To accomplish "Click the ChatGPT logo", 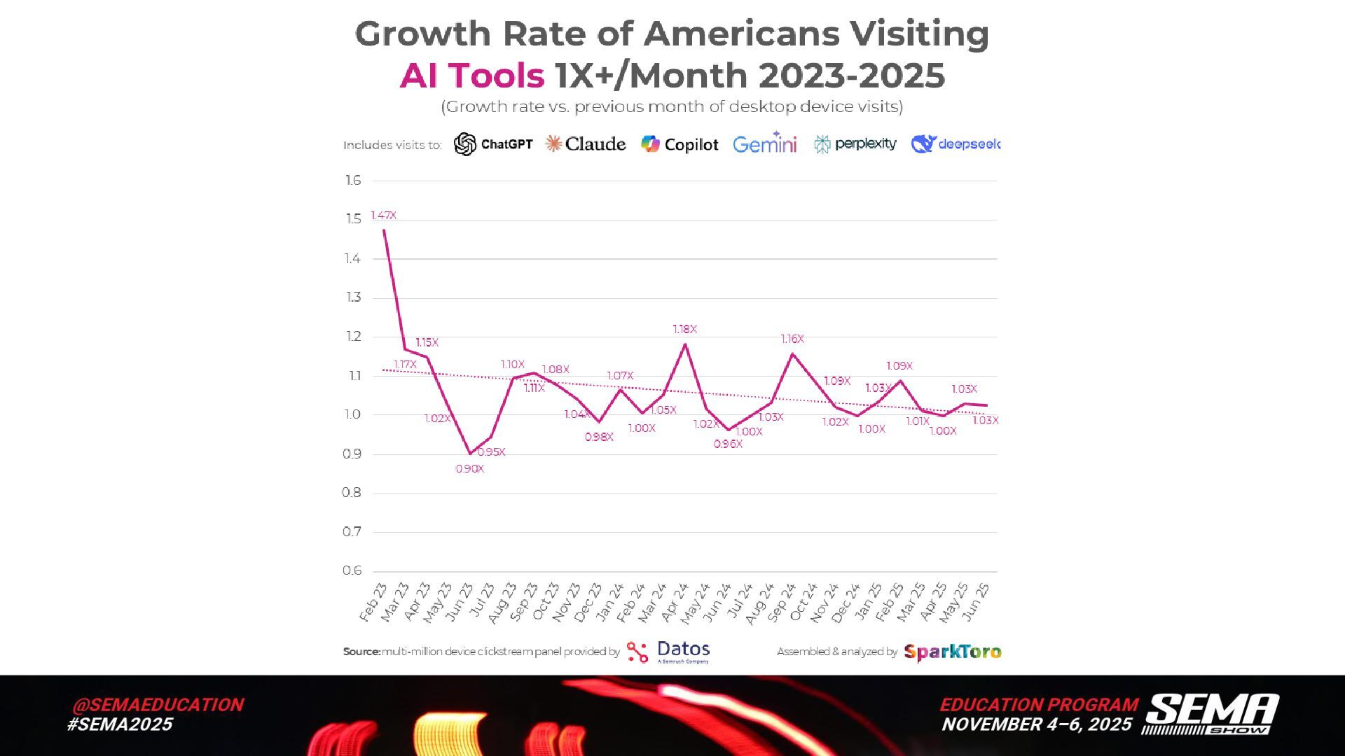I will (493, 144).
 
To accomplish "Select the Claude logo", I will (586, 144).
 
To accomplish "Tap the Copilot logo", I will (680, 144).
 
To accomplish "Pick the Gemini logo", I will (765, 143).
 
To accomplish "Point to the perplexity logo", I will (855, 144).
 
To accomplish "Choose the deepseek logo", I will (956, 144).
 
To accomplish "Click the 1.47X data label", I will (383, 216).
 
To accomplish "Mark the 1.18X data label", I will (684, 329).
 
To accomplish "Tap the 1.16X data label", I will (792, 339).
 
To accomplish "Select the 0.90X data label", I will (469, 469).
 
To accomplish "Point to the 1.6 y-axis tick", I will (353, 181).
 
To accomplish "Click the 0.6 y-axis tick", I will (352, 570).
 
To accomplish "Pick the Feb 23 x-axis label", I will (373, 602).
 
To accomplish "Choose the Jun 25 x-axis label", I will (976, 602).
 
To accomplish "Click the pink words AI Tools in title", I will (471, 76).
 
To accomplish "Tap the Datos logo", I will (668, 652).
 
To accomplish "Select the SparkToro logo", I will (953, 652).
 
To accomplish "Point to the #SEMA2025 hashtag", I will (120, 724).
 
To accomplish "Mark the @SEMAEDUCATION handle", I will (158, 705).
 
